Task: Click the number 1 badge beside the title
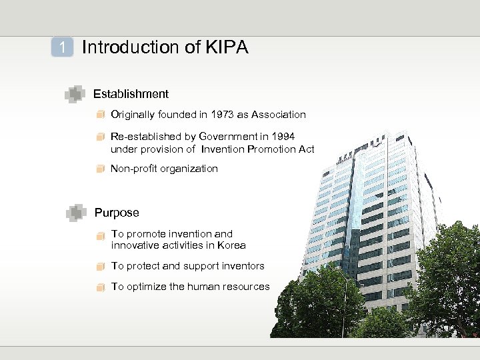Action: click(x=62, y=47)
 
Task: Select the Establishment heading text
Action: click(x=131, y=94)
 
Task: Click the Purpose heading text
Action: click(x=117, y=213)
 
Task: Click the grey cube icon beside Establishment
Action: click(x=75, y=95)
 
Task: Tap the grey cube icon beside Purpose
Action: click(x=76, y=213)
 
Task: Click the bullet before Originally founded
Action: click(x=100, y=115)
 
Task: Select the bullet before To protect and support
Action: click(x=100, y=267)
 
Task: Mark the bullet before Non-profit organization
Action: click(x=100, y=169)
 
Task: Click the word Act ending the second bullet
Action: click(x=306, y=149)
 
